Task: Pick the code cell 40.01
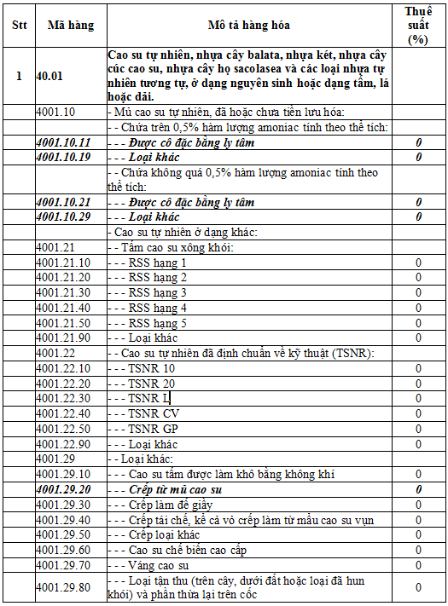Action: pyautogui.click(x=49, y=75)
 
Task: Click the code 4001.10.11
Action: pyautogui.click(x=63, y=141)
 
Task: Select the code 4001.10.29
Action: pyautogui.click(x=63, y=217)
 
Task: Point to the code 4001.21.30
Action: pyautogui.click(x=63, y=292)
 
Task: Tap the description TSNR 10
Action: pyautogui.click(x=151, y=368)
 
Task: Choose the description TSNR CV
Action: pyautogui.click(x=154, y=413)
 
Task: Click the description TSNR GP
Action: pyautogui.click(x=154, y=429)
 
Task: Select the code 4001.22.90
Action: pyautogui.click(x=63, y=444)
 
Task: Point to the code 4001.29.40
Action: pyautogui.click(x=63, y=519)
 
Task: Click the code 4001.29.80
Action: pyautogui.click(x=63, y=587)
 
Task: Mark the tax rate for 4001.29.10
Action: pyautogui.click(x=418, y=474)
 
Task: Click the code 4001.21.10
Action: pyautogui.click(x=63, y=263)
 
